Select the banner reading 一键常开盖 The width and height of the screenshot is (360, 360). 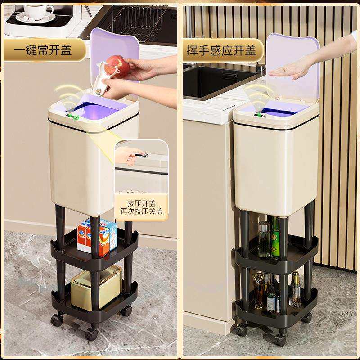point(43,50)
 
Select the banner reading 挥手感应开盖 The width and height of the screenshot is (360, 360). point(221,50)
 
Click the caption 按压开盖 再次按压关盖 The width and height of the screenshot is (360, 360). point(141,207)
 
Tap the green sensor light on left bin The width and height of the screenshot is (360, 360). point(76,118)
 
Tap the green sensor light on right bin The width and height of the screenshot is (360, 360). point(259,115)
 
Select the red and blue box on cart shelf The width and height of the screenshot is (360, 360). point(98,237)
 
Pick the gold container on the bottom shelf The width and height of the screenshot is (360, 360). point(96,287)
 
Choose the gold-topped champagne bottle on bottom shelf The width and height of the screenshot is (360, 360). point(295,290)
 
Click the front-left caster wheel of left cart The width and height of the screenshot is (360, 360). point(57,320)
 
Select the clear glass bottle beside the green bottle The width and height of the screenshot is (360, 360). point(264,239)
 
